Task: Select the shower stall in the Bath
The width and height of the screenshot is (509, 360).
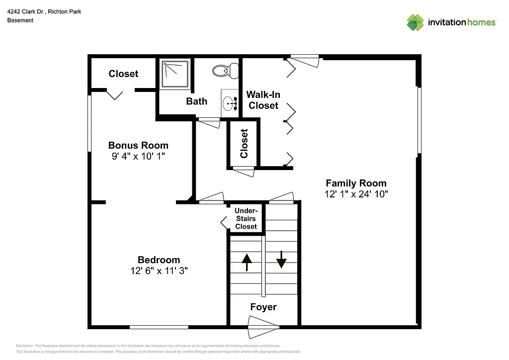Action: point(175,74)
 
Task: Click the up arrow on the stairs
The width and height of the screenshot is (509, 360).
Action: point(247,262)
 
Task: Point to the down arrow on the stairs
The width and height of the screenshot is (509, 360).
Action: point(281,259)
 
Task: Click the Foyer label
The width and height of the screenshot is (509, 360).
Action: point(263,307)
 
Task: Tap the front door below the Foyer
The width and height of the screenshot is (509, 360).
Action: point(263,328)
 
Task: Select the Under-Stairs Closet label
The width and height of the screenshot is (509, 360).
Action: point(246,219)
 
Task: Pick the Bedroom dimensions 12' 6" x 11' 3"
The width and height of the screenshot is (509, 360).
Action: point(159,271)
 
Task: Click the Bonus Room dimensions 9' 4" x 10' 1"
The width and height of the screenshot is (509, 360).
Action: point(138,157)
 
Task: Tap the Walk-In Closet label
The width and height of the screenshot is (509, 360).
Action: point(263,100)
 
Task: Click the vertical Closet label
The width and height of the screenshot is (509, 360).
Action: point(244,144)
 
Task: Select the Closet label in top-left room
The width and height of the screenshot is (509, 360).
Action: point(123,74)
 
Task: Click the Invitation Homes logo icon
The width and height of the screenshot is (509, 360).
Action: point(415,22)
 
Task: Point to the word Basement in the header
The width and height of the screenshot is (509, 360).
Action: point(20,20)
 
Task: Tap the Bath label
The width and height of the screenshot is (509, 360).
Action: point(197,101)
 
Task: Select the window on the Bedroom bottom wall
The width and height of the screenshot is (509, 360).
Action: point(159,327)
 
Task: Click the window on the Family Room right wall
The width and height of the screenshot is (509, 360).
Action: point(419,120)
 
